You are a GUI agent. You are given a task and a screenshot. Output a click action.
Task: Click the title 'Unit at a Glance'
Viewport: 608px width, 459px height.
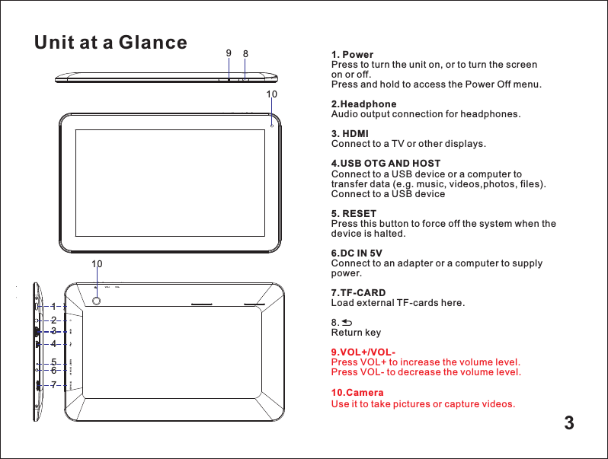[110, 43]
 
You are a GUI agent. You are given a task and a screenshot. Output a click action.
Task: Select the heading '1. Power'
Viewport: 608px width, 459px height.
[352, 55]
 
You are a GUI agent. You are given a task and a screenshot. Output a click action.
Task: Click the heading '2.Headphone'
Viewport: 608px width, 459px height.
[363, 104]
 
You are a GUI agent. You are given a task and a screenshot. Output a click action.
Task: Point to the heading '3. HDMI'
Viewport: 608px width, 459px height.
[350, 133]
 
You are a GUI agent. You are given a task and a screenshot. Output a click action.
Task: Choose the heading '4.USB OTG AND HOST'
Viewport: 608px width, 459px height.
[386, 164]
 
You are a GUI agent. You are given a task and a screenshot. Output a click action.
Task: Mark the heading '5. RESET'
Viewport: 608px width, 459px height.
[354, 214]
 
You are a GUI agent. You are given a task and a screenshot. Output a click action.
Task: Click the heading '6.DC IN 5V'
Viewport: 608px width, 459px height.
[357, 253]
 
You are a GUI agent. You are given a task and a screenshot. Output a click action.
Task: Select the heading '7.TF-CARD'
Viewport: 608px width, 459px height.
[358, 293]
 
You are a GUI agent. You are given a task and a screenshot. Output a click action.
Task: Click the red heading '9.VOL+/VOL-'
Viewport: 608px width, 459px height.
[363, 352]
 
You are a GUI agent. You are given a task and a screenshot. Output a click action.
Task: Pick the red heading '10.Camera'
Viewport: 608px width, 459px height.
[357, 393]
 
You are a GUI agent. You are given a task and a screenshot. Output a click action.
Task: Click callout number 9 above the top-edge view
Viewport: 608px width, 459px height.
[228, 53]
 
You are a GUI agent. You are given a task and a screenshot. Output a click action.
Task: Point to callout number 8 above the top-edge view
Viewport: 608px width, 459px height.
[245, 54]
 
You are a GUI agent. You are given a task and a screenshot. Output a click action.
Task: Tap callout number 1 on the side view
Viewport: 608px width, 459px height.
[54, 306]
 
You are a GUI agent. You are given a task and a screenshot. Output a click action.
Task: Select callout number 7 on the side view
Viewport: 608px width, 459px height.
[54, 385]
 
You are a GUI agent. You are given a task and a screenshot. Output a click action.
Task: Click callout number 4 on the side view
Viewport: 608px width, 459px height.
[54, 344]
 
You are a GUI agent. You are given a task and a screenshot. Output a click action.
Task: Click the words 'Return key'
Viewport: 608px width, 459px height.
[356, 333]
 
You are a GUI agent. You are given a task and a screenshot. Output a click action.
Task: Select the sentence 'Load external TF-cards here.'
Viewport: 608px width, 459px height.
[398, 303]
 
